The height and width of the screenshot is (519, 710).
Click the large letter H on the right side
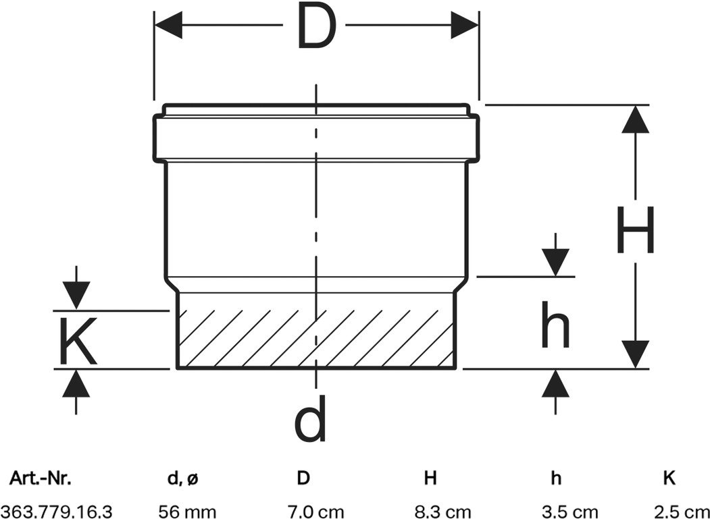(636, 230)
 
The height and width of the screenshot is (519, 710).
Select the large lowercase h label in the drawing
(555, 325)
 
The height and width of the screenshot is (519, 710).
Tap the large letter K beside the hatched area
(78, 341)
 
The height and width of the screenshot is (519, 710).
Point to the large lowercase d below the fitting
(310, 418)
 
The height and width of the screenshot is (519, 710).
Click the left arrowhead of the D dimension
(168, 25)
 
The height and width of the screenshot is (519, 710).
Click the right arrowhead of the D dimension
(465, 25)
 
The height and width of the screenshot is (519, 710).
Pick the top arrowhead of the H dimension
(635, 119)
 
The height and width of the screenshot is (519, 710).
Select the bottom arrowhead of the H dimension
(635, 354)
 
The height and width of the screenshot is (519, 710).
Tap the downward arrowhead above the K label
(76, 296)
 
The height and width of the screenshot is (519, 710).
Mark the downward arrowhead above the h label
(555, 263)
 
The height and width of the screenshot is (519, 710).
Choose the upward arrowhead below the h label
(555, 384)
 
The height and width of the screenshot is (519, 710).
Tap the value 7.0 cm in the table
(315, 512)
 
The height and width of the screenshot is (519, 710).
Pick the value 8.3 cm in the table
(443, 512)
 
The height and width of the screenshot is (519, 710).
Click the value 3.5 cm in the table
(569, 512)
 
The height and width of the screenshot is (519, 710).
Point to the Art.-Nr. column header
(41, 478)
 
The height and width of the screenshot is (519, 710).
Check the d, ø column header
(183, 479)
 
